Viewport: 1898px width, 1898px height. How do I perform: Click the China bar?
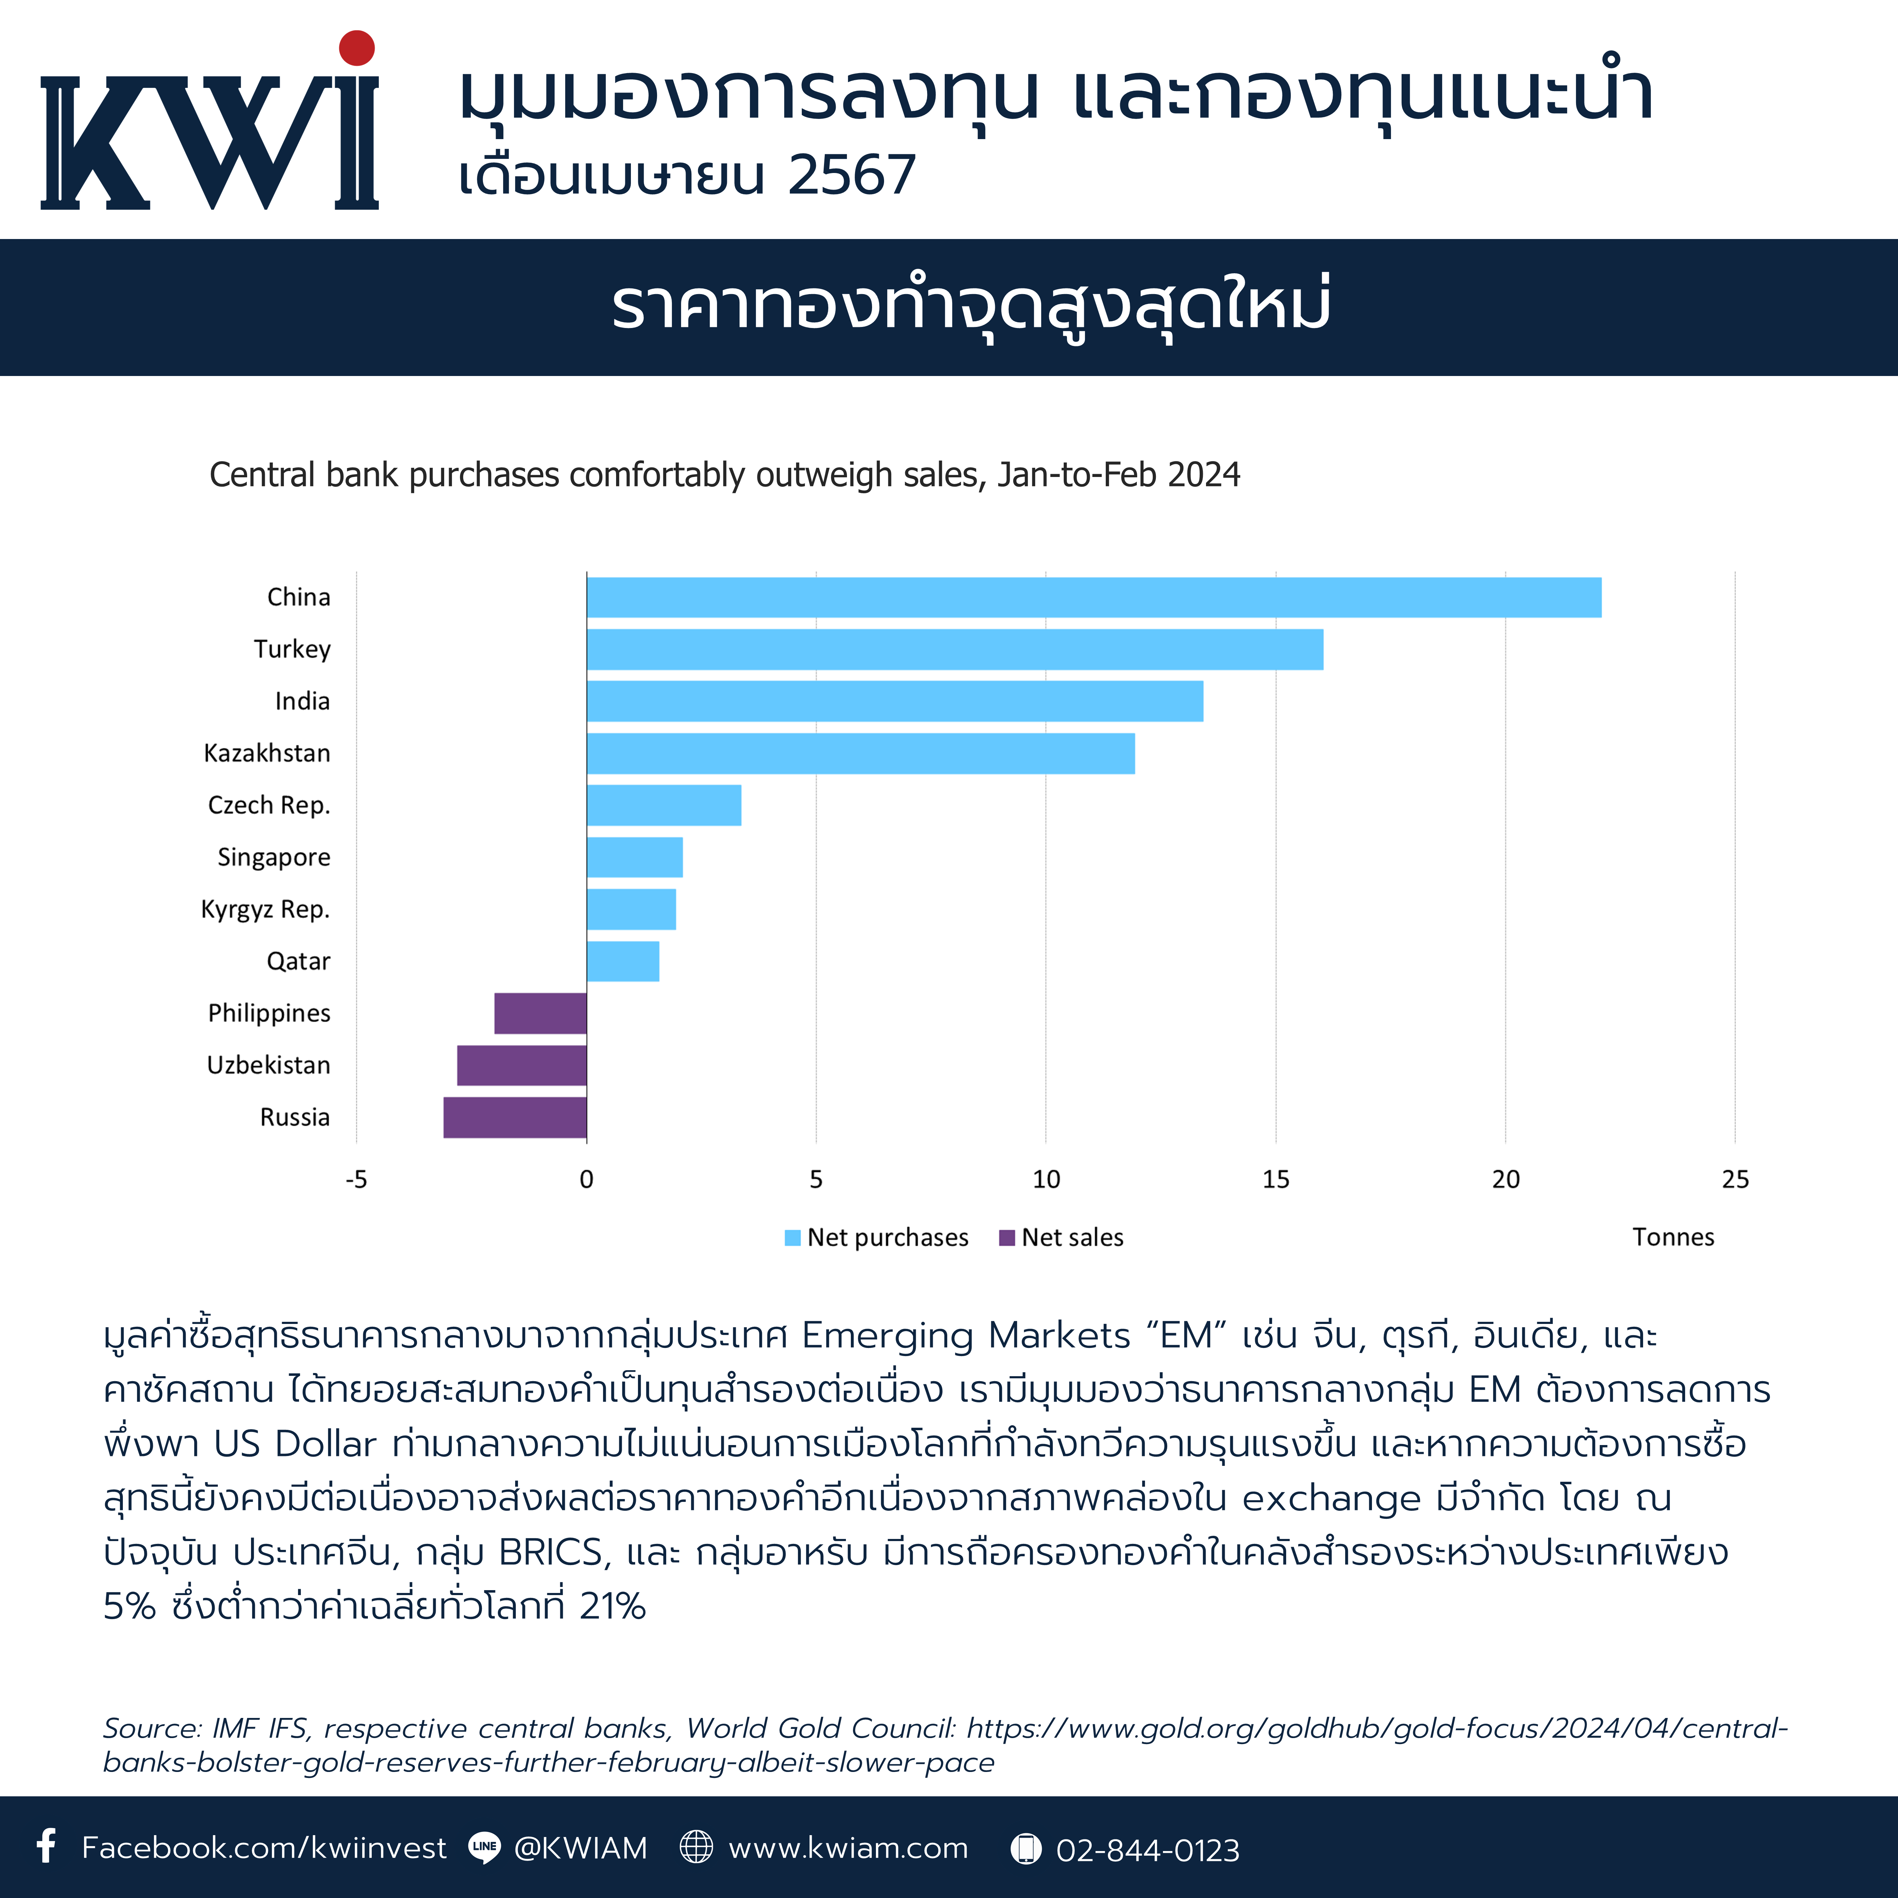(x=1093, y=597)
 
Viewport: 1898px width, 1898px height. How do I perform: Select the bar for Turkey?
(x=955, y=649)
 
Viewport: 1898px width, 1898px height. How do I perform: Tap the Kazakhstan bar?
(x=861, y=753)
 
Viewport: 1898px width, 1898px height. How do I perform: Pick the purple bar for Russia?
(x=515, y=1117)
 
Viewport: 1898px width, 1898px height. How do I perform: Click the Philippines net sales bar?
(x=540, y=1013)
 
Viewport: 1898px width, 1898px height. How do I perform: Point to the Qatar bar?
(x=623, y=961)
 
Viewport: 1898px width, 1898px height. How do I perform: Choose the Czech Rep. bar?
(x=664, y=806)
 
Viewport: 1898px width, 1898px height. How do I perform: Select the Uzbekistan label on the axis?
(x=268, y=1065)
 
